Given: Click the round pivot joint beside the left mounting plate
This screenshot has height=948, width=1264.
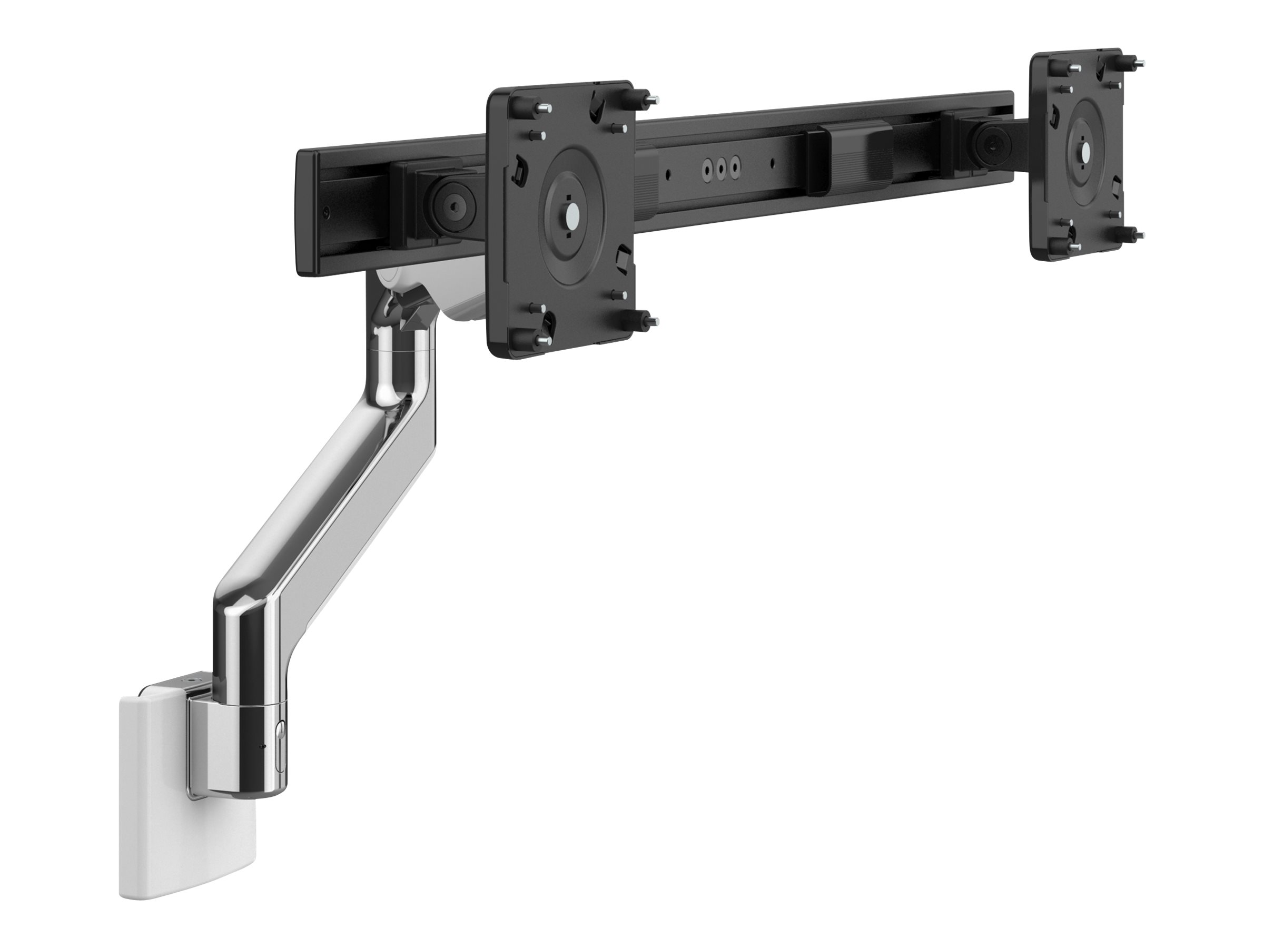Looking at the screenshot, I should tap(452, 202).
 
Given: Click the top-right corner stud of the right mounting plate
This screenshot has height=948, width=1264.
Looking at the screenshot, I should tap(1133, 61).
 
